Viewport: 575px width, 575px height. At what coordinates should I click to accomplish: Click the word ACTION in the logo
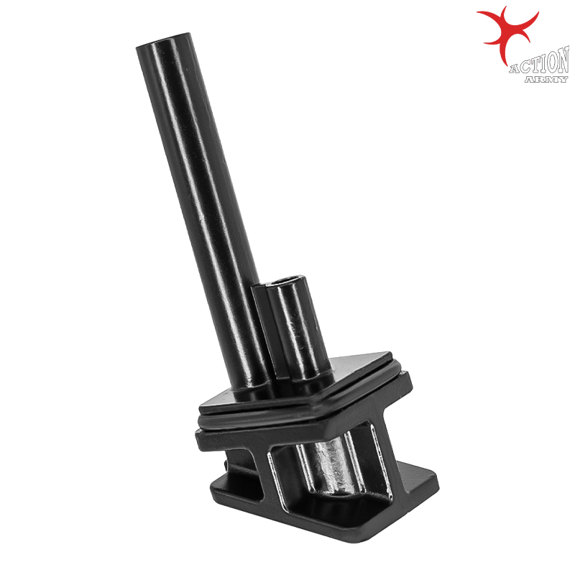click(538, 63)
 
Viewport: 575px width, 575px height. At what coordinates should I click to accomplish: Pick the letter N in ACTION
click(561, 62)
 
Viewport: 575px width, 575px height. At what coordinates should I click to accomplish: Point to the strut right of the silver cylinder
click(374, 460)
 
